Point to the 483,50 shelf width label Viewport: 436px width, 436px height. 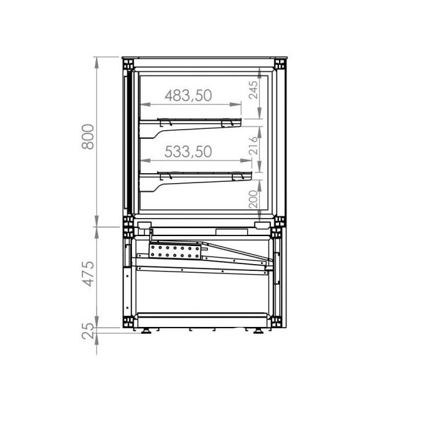[x=188, y=95]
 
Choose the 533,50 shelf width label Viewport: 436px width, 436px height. [x=188, y=151]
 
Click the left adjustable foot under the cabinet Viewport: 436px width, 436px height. [x=147, y=330]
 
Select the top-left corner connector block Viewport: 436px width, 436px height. [x=128, y=64]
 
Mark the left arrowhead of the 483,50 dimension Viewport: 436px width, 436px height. [x=142, y=105]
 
